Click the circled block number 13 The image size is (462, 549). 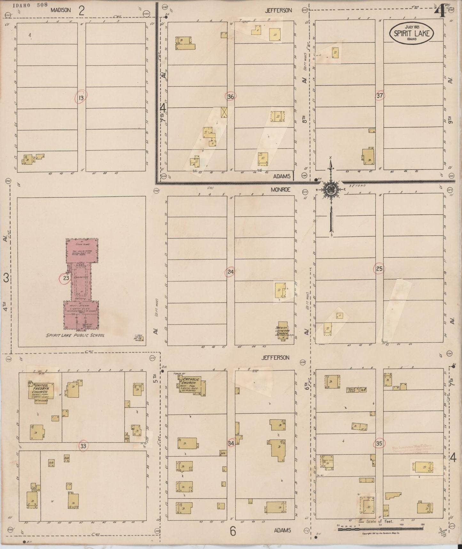pos(81,97)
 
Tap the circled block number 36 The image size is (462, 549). pos(230,96)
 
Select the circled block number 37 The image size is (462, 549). pos(380,95)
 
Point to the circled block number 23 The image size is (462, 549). pos(66,278)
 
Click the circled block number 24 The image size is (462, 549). pos(230,272)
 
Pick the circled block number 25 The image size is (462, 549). pos(379,269)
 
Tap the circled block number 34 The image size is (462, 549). pos(231,443)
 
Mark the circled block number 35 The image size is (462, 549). pos(379,443)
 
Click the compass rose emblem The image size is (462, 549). pos(330,189)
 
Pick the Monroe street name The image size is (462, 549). pos(280,190)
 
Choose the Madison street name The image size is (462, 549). pos(61,10)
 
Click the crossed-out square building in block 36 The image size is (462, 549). pos(224,112)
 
